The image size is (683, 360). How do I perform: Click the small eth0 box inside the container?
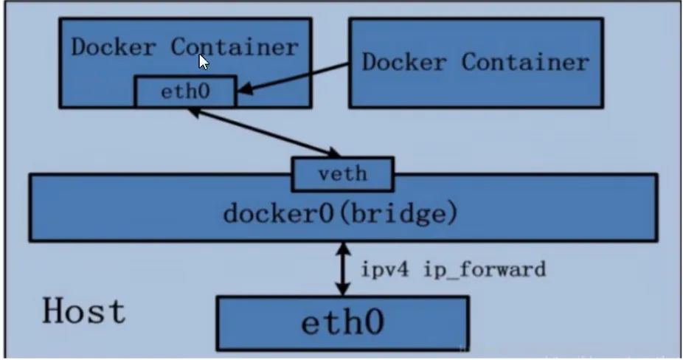pyautogui.click(x=185, y=92)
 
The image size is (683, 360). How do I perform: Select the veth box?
pyautogui.click(x=342, y=175)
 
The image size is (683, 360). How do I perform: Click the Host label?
pyautogui.click(x=83, y=311)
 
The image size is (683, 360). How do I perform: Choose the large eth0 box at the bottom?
pyautogui.click(x=342, y=323)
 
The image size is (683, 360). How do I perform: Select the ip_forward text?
pyautogui.click(x=485, y=269)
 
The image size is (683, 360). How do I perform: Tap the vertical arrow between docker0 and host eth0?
pyautogui.click(x=341, y=269)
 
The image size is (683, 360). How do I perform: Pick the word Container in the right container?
pyautogui.click(x=525, y=61)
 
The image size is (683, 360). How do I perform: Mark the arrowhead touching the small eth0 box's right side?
pyautogui.click(x=244, y=91)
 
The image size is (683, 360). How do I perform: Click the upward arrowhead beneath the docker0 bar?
pyautogui.click(x=341, y=249)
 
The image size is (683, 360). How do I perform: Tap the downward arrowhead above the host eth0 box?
pyautogui.click(x=341, y=289)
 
